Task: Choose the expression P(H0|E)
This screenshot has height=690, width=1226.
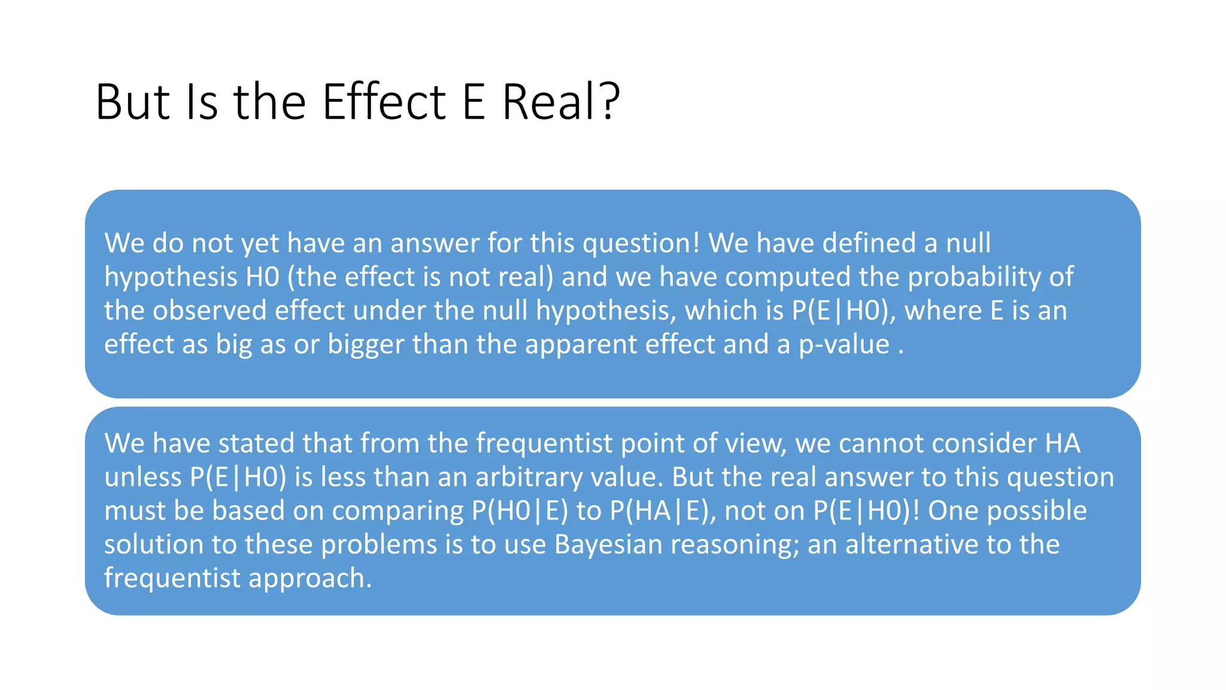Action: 520,511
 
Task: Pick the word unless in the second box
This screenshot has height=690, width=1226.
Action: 142,477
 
